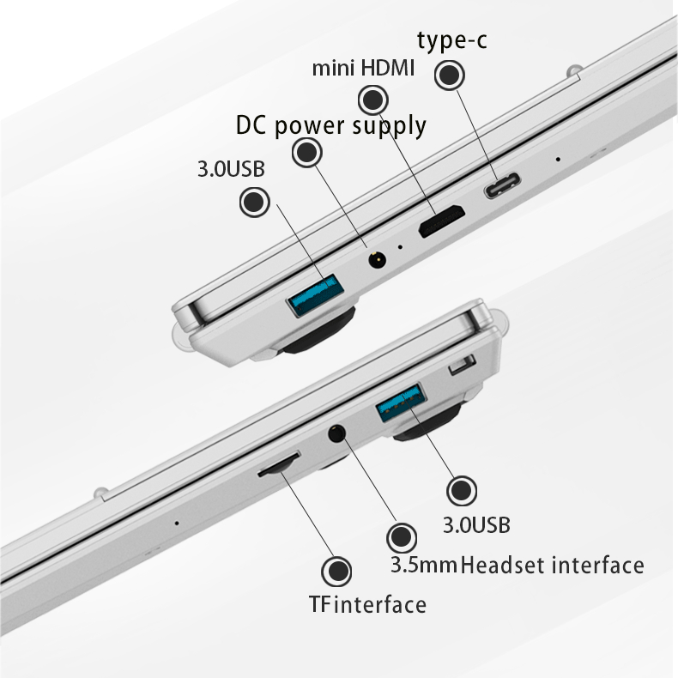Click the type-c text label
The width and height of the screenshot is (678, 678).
451,41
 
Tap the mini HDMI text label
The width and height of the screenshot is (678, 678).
363,69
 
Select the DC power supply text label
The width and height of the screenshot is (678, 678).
331,126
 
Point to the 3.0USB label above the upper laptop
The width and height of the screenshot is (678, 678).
231,168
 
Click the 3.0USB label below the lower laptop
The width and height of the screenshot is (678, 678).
476,525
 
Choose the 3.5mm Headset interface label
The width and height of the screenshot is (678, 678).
518,566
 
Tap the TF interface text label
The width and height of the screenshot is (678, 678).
367,604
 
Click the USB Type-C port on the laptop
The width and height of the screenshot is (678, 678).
501,185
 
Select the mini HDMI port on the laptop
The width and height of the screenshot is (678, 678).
441,221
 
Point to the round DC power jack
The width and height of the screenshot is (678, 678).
377,260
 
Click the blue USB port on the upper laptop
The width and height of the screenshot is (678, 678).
316,295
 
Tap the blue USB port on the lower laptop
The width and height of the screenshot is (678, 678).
400,403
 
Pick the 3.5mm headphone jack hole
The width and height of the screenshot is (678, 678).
337,433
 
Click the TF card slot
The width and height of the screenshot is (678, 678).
279,465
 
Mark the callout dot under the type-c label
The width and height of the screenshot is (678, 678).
450,75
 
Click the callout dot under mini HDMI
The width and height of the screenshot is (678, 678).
373,100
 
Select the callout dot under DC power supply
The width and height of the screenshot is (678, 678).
307,152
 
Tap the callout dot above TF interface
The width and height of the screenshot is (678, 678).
336,572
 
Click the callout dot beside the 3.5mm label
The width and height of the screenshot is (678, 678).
402,537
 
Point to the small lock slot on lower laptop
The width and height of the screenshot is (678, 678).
463,365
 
